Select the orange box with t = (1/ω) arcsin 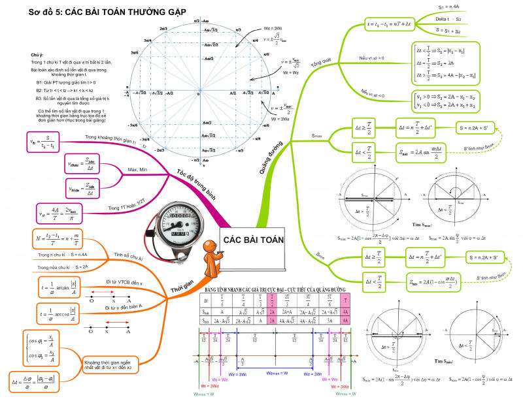(55, 288)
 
